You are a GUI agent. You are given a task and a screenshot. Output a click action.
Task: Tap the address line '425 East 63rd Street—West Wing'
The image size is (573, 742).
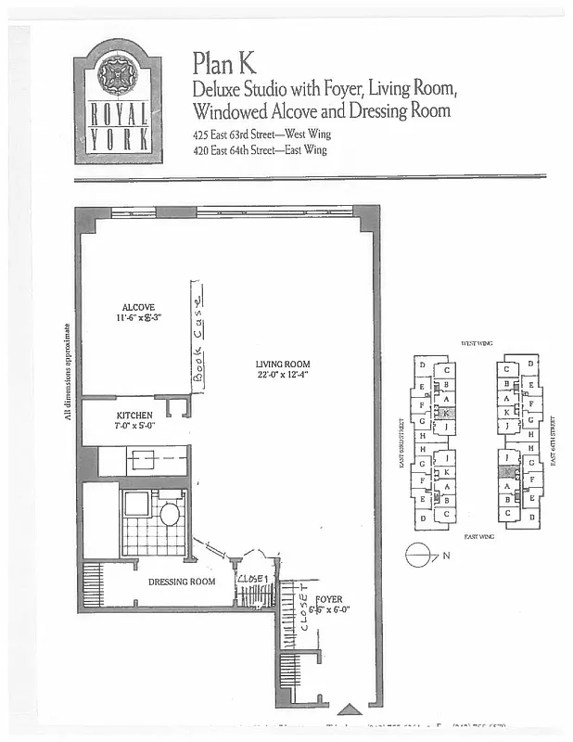261,134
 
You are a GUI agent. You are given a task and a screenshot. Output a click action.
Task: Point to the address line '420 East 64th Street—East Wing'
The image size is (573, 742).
261,149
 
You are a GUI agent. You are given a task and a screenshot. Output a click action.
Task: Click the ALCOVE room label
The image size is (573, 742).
138,307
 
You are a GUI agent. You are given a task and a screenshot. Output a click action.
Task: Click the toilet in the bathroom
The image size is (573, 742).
170,513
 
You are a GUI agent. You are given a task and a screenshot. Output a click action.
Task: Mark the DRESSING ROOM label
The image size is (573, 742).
182,582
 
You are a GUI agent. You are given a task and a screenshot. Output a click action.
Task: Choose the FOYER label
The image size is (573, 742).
329,599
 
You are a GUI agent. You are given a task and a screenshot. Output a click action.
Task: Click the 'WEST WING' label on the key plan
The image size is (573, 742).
476,344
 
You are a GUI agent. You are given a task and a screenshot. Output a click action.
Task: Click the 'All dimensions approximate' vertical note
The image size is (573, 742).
68,371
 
